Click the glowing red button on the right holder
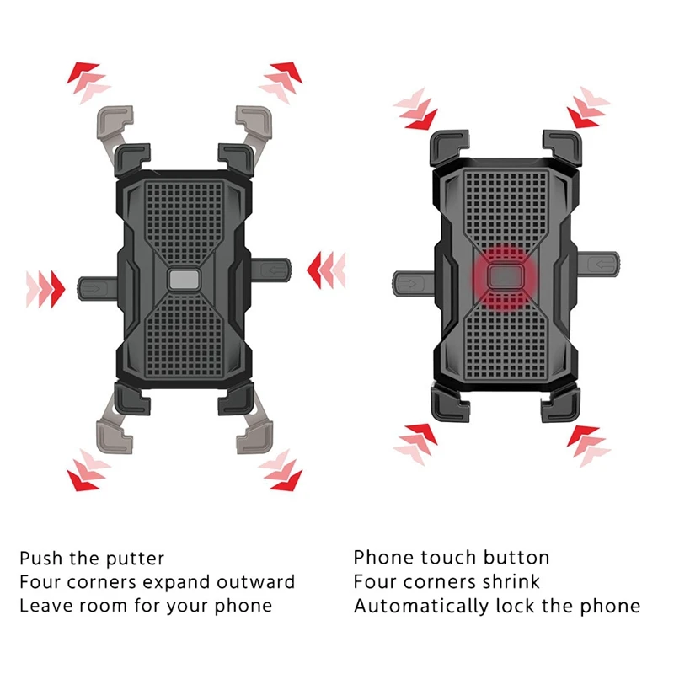(506, 276)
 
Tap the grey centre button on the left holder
(184, 280)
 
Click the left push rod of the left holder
(98, 288)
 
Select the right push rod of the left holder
(270, 270)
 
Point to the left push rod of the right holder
(414, 283)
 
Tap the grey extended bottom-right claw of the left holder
(254, 433)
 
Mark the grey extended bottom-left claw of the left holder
(114, 433)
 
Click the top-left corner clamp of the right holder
(449, 148)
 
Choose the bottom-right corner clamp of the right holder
(560, 404)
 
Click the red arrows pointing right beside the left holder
(45, 289)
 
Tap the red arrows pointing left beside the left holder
(326, 270)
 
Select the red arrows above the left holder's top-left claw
(88, 82)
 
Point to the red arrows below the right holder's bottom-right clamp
(587, 445)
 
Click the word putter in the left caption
(135, 559)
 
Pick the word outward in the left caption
(256, 582)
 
